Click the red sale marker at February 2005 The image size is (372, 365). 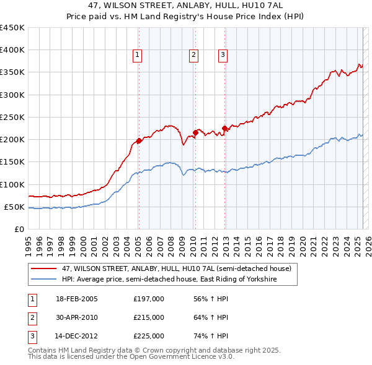pos(139,140)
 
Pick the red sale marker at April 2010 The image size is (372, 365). pos(195,132)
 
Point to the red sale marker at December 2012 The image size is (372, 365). pos(224,128)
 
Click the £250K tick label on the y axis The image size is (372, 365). pos(12,117)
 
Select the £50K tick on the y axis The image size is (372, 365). pos(14,207)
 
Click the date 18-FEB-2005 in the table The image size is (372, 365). pos(76,299)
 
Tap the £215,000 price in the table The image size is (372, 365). pos(149,317)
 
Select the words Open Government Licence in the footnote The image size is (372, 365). pos(178,357)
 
